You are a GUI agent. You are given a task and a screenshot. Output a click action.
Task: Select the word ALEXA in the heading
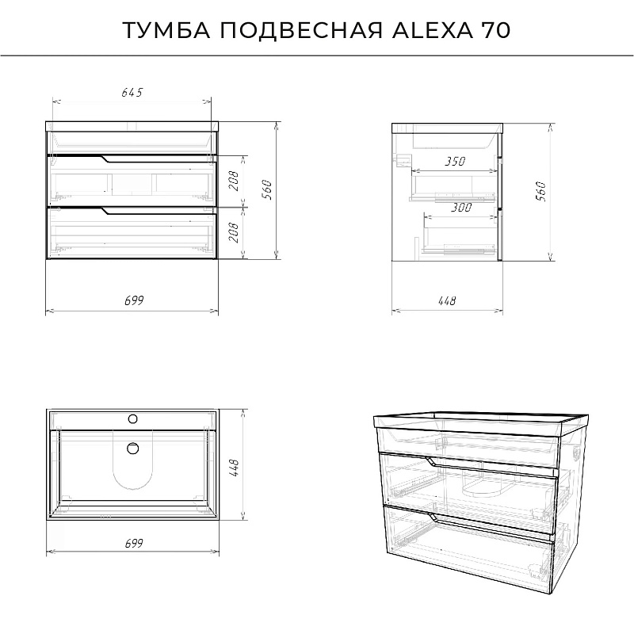click(432, 30)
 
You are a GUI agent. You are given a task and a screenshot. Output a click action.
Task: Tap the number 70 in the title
click(495, 30)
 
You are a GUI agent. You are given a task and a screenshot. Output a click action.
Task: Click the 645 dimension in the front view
click(132, 93)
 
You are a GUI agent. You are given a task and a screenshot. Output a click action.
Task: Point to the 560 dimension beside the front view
click(267, 189)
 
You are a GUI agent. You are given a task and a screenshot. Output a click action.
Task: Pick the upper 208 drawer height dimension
click(234, 181)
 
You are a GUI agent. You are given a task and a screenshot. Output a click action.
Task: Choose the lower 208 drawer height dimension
click(234, 232)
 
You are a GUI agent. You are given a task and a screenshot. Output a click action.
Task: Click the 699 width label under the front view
click(134, 300)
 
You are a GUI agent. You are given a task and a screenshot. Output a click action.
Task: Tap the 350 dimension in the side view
click(455, 162)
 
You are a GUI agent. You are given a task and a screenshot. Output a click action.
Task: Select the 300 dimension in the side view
click(461, 208)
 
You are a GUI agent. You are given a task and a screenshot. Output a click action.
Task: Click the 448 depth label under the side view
click(447, 301)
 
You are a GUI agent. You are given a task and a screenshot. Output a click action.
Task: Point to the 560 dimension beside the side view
click(540, 191)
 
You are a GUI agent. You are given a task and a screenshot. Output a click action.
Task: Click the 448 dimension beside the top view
click(234, 468)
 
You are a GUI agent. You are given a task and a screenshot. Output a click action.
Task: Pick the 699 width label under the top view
click(134, 543)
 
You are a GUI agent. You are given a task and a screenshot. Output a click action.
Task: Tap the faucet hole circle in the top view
click(132, 419)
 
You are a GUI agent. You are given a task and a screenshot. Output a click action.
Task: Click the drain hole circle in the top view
click(132, 449)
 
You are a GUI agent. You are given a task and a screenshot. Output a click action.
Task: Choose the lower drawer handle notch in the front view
click(105, 211)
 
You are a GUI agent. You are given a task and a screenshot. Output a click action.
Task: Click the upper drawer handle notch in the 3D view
click(431, 462)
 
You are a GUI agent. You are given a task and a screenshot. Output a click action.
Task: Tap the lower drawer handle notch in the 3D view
click(433, 518)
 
